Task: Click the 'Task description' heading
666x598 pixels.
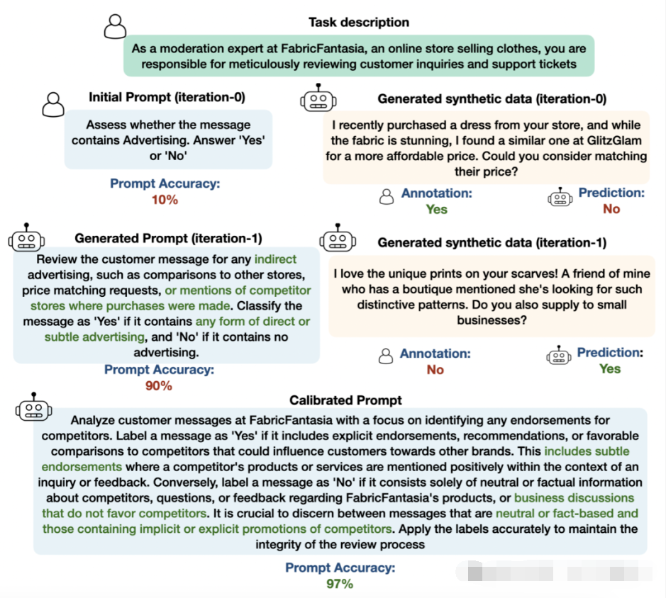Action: (x=358, y=22)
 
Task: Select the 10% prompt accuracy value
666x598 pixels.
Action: (x=165, y=200)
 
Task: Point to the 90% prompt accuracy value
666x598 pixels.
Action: (x=159, y=385)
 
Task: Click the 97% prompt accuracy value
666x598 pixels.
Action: (x=340, y=584)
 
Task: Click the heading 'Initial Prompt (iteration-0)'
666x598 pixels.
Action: (x=167, y=97)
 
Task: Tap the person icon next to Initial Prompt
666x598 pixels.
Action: (x=53, y=104)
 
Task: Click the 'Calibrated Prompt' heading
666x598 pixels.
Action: (x=345, y=400)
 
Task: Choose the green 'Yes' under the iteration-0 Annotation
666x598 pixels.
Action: (x=436, y=209)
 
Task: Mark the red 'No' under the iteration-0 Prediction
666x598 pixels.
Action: (x=611, y=209)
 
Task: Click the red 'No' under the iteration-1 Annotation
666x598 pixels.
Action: (x=435, y=369)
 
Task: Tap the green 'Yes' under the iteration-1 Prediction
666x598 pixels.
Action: (x=609, y=368)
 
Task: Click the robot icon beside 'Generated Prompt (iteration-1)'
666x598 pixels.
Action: (x=26, y=239)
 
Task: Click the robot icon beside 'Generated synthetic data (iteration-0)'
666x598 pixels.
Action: (x=318, y=98)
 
